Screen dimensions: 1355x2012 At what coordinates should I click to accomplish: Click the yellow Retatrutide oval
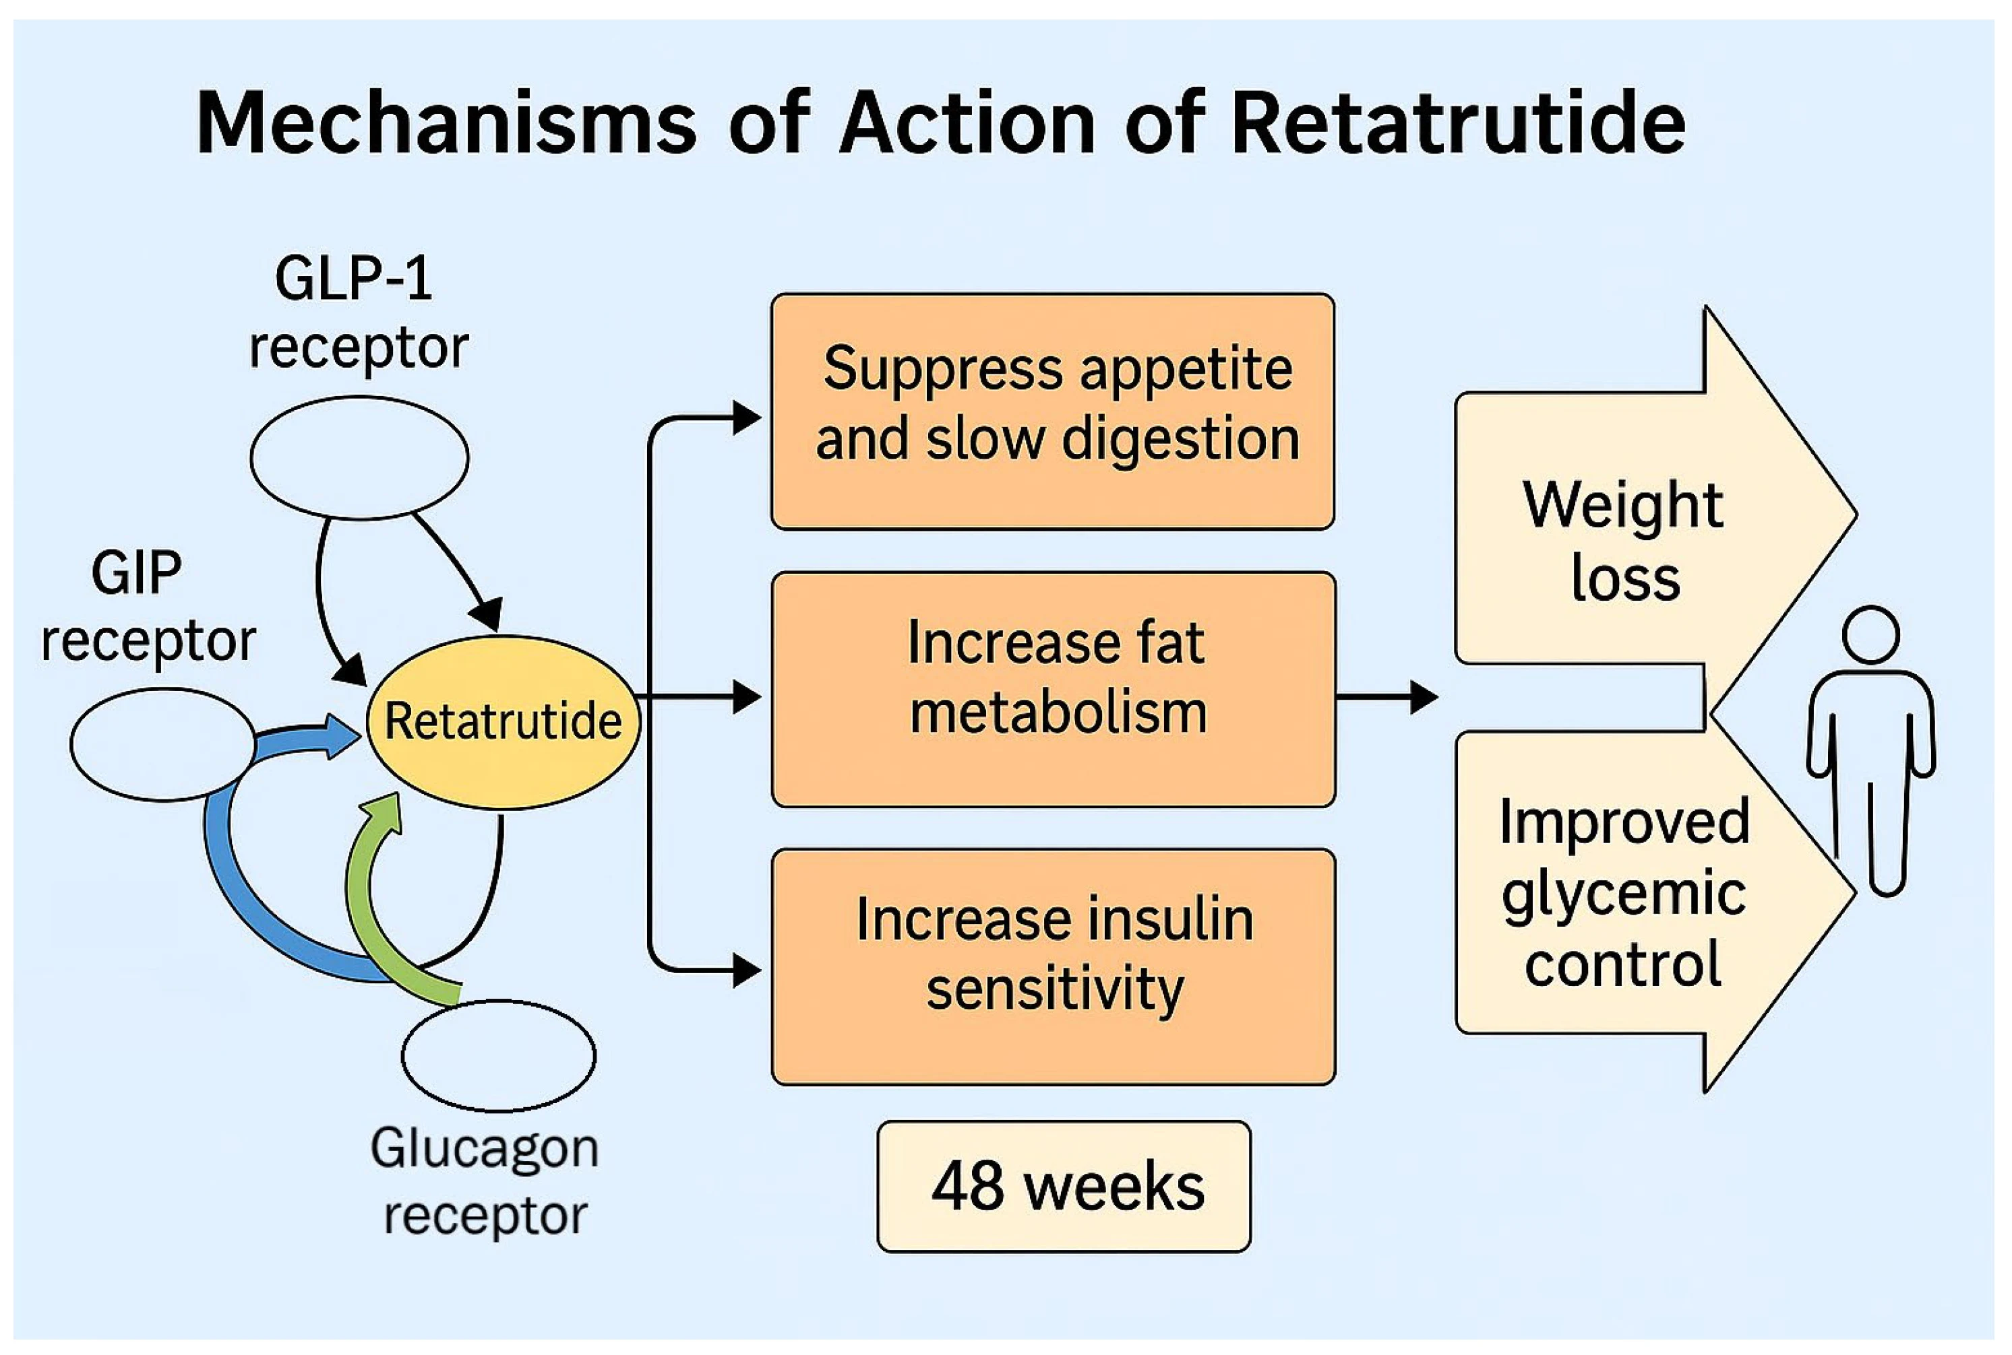(x=502, y=721)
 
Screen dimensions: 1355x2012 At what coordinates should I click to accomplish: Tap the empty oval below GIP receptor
(x=162, y=744)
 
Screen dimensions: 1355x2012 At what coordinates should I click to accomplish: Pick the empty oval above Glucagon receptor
(x=498, y=1055)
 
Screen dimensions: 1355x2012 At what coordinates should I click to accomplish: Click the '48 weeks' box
(x=1064, y=1185)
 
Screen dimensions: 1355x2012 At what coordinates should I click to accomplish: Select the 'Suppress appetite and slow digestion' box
(x=1052, y=411)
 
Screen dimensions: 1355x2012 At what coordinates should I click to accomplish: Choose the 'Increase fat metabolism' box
(x=1052, y=689)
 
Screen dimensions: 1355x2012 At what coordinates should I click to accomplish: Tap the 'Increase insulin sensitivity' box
(x=1052, y=966)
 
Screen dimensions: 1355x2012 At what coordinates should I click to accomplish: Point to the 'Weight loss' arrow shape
(x=1626, y=527)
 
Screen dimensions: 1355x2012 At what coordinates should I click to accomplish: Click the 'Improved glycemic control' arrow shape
(x=1626, y=890)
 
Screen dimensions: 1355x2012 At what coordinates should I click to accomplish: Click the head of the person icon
(x=1870, y=635)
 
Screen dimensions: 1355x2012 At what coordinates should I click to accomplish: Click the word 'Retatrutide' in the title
(x=1457, y=123)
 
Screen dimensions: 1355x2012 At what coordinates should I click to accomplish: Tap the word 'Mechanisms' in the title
(x=446, y=123)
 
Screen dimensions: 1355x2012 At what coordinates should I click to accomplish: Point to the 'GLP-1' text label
(x=353, y=278)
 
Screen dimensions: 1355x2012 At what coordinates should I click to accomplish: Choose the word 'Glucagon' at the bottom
(x=484, y=1148)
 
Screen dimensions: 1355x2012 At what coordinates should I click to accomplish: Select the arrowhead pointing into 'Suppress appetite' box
(x=745, y=418)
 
